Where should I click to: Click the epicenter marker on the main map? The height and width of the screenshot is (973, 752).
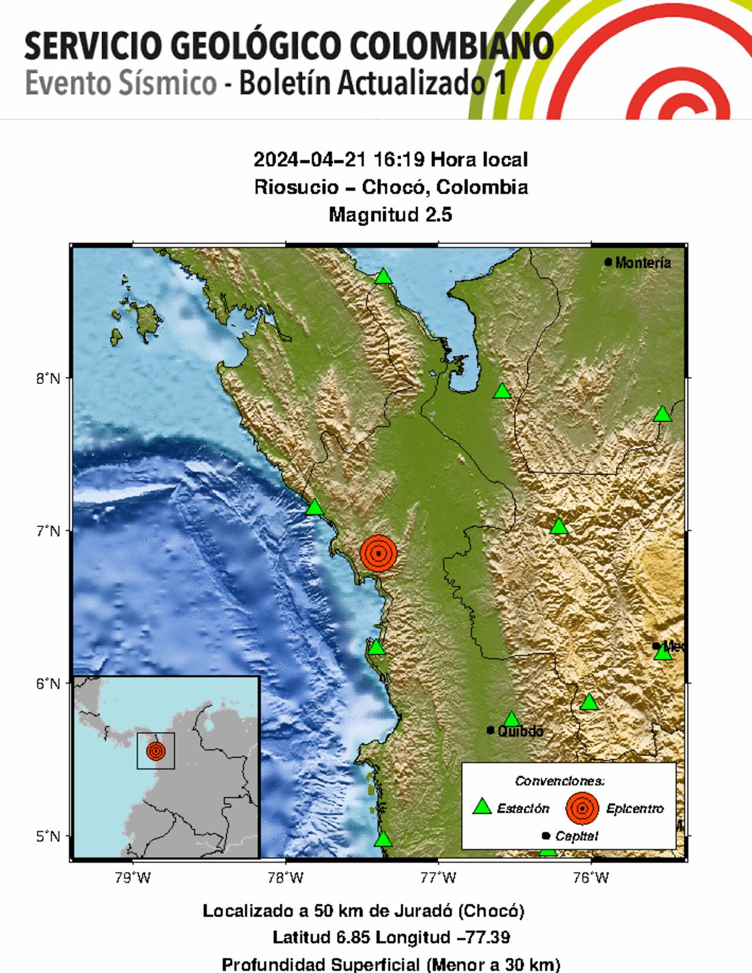[379, 553]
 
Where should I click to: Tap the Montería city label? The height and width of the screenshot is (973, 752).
[642, 262]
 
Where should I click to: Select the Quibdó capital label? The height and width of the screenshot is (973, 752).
[520, 731]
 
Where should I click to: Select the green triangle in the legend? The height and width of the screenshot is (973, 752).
[482, 807]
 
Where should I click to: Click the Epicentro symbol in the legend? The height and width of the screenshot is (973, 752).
[582, 808]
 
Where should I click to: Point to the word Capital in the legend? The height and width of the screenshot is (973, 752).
[576, 836]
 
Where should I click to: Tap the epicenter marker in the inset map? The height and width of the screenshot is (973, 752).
[156, 750]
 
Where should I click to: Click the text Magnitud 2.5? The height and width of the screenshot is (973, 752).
[390, 214]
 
